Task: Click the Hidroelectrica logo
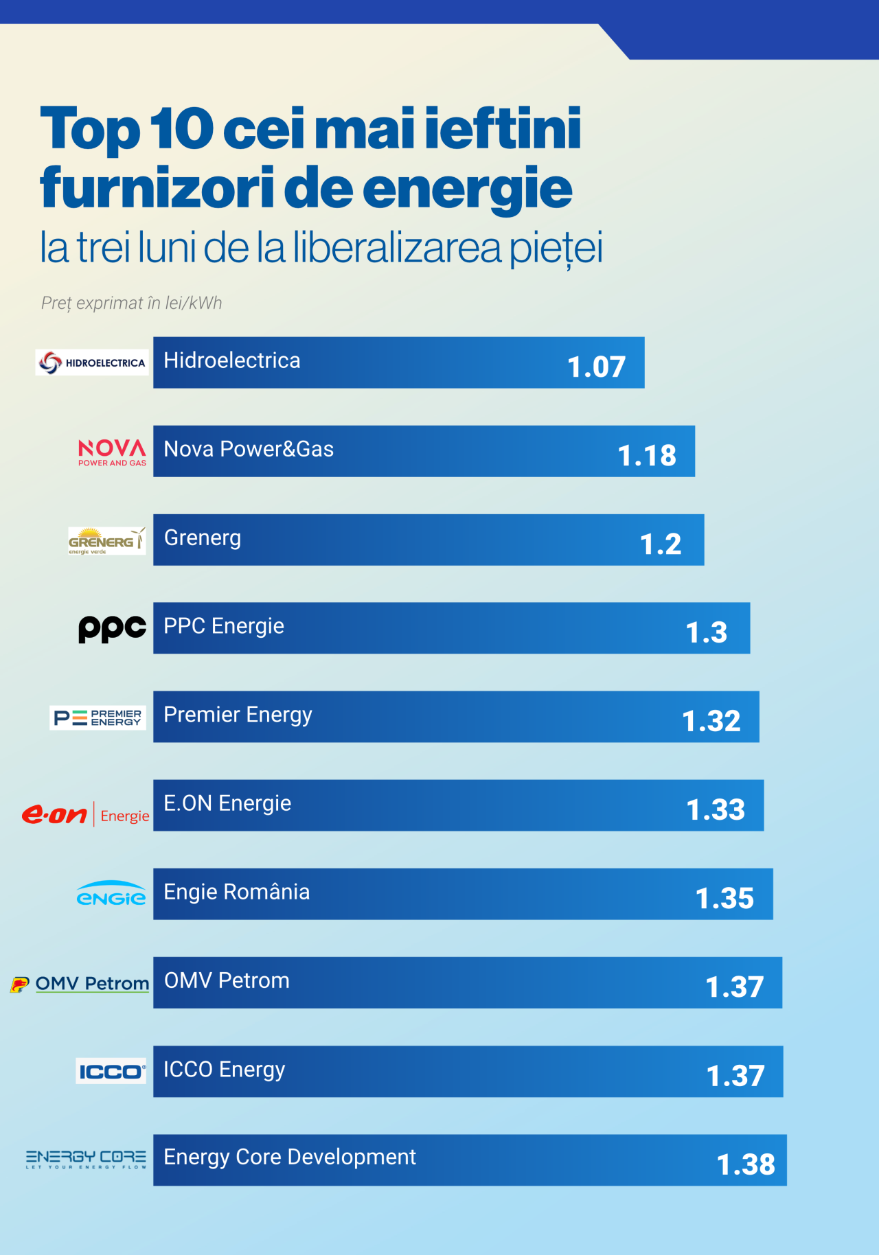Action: coord(92,362)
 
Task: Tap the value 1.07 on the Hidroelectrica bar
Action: coord(596,367)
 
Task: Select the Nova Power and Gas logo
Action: coord(112,452)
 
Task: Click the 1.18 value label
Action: coord(647,455)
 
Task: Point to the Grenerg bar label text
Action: coord(203,538)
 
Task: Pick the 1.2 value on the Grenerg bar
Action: coord(661,544)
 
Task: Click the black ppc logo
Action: coord(112,628)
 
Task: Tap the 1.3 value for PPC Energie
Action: coord(707,632)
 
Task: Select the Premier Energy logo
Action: coord(98,717)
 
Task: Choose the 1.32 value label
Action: coord(711,721)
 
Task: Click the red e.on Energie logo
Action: coord(86,814)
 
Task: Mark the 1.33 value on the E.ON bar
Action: coord(716,809)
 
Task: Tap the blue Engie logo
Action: coord(111,894)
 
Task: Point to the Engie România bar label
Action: coord(237,892)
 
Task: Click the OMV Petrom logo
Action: coord(80,984)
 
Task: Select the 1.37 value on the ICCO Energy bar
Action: coord(735,1076)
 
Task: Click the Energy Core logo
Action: coord(86,1160)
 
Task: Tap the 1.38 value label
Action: coord(746,1164)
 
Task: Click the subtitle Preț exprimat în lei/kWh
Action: coord(132,303)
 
